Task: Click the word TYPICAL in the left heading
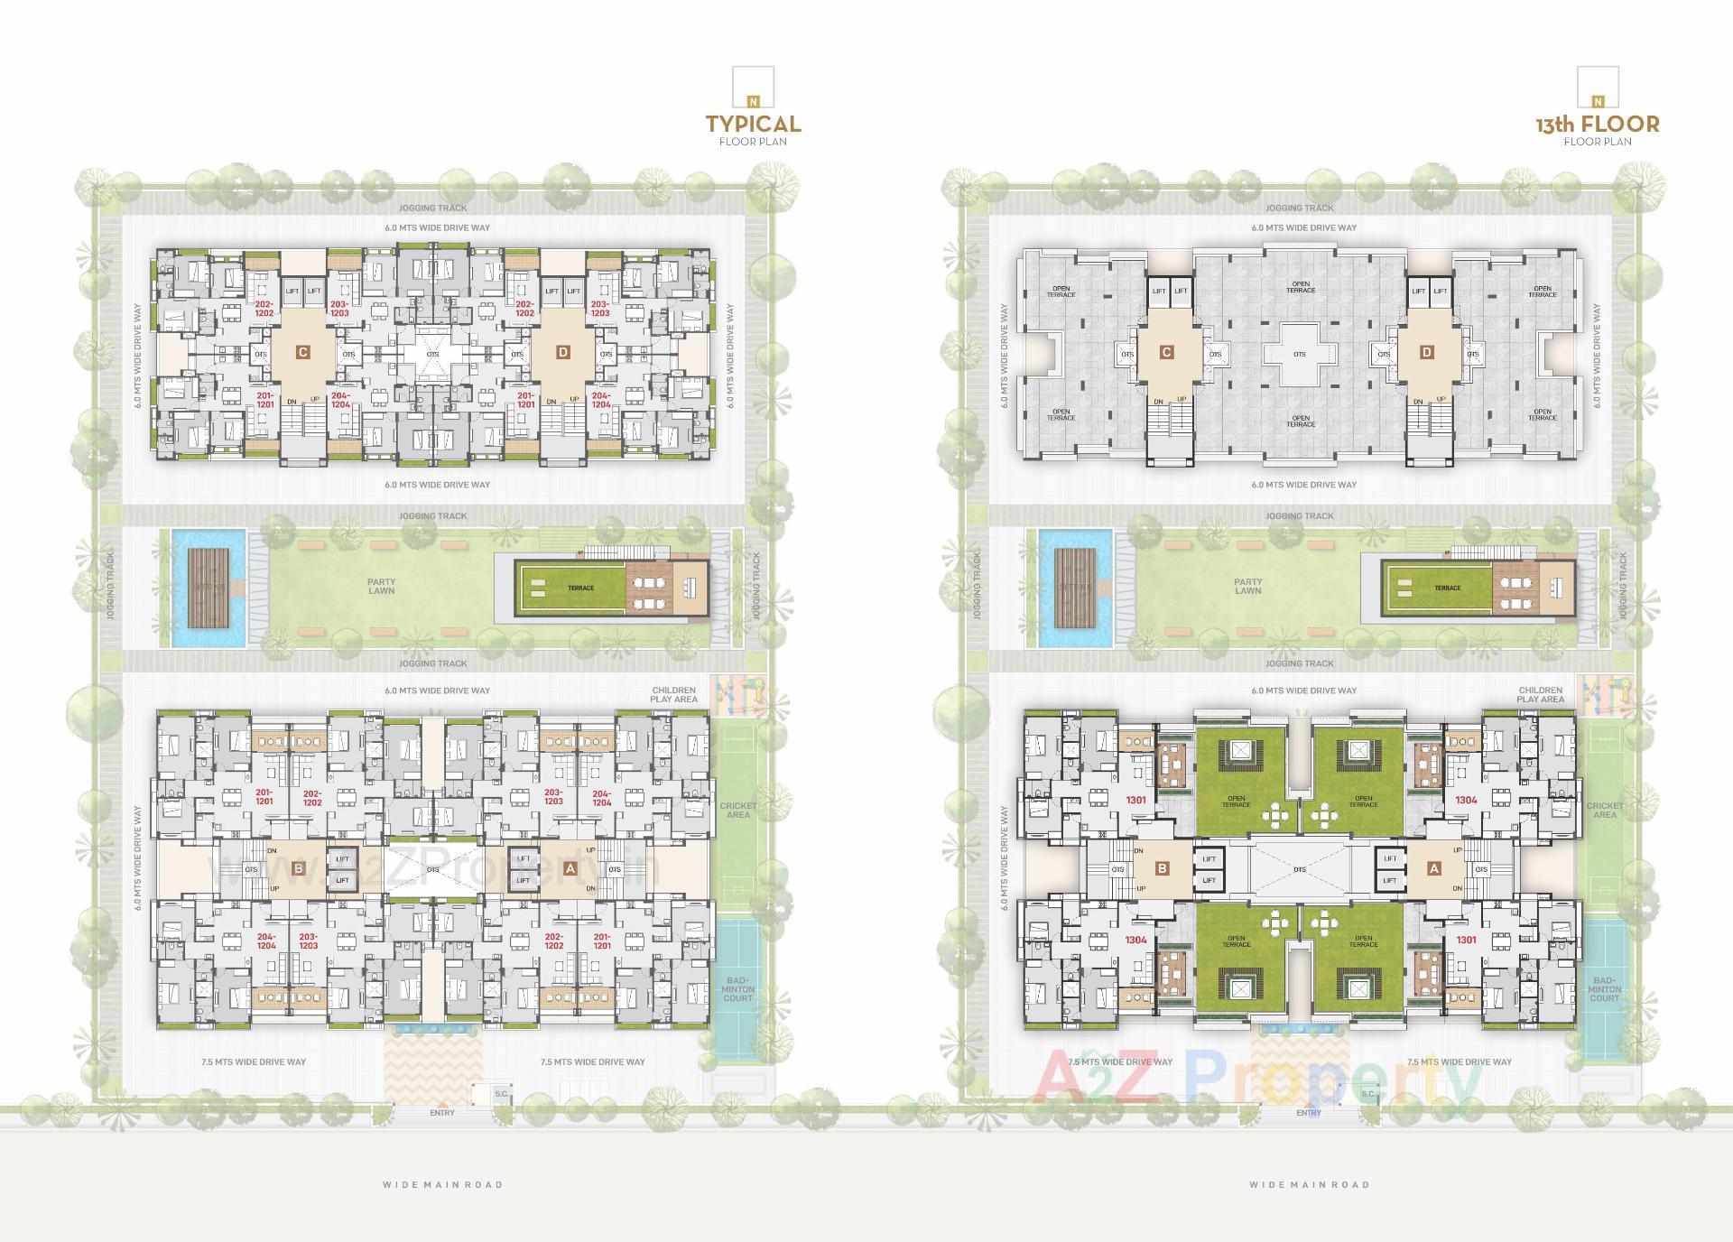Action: (x=753, y=124)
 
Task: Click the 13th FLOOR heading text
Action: (x=1598, y=124)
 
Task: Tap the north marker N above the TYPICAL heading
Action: (x=753, y=101)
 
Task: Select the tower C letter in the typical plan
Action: (x=302, y=352)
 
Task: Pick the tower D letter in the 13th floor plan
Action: (x=1427, y=352)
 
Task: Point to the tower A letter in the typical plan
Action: (x=570, y=869)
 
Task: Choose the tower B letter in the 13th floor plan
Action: (x=1163, y=869)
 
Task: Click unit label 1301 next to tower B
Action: (x=1135, y=801)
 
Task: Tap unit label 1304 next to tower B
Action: (x=1135, y=941)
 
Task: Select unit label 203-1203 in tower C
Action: (x=339, y=309)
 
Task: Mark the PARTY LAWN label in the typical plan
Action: (x=381, y=587)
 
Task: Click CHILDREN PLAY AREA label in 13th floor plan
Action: (x=1540, y=695)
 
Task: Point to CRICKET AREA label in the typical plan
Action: (x=737, y=810)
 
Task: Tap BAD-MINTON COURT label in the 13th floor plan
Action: (x=1604, y=989)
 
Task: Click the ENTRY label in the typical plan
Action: (x=442, y=1113)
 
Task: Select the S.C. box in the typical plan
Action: (x=501, y=1094)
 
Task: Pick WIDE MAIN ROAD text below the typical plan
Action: (x=442, y=1185)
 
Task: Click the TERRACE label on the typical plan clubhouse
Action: (x=580, y=589)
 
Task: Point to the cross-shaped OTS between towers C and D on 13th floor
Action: (x=1299, y=354)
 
